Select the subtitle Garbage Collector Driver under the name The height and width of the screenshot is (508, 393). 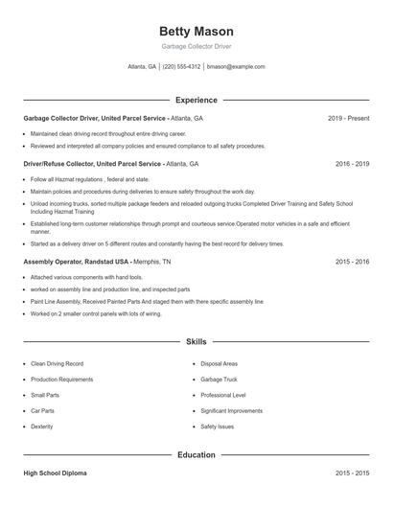196,46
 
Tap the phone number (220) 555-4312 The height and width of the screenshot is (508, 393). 181,67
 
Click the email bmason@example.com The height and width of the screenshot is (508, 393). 236,67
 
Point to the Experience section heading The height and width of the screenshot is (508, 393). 196,100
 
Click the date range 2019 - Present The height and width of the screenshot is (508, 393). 348,118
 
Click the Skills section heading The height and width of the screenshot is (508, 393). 196,341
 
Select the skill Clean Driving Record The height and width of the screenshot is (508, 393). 57,364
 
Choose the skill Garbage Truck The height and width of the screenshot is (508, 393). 220,380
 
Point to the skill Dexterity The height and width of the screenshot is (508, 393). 42,426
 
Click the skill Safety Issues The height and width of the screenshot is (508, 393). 218,426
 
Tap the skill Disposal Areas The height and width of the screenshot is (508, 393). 220,364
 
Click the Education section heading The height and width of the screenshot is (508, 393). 196,455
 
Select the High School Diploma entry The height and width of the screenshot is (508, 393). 56,473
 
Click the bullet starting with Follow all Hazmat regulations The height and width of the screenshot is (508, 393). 90,179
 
